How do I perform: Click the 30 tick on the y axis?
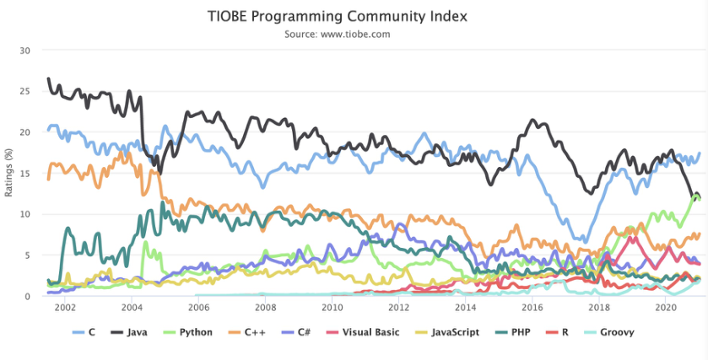25,50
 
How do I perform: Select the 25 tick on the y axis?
25,91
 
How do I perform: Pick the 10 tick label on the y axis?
25,214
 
